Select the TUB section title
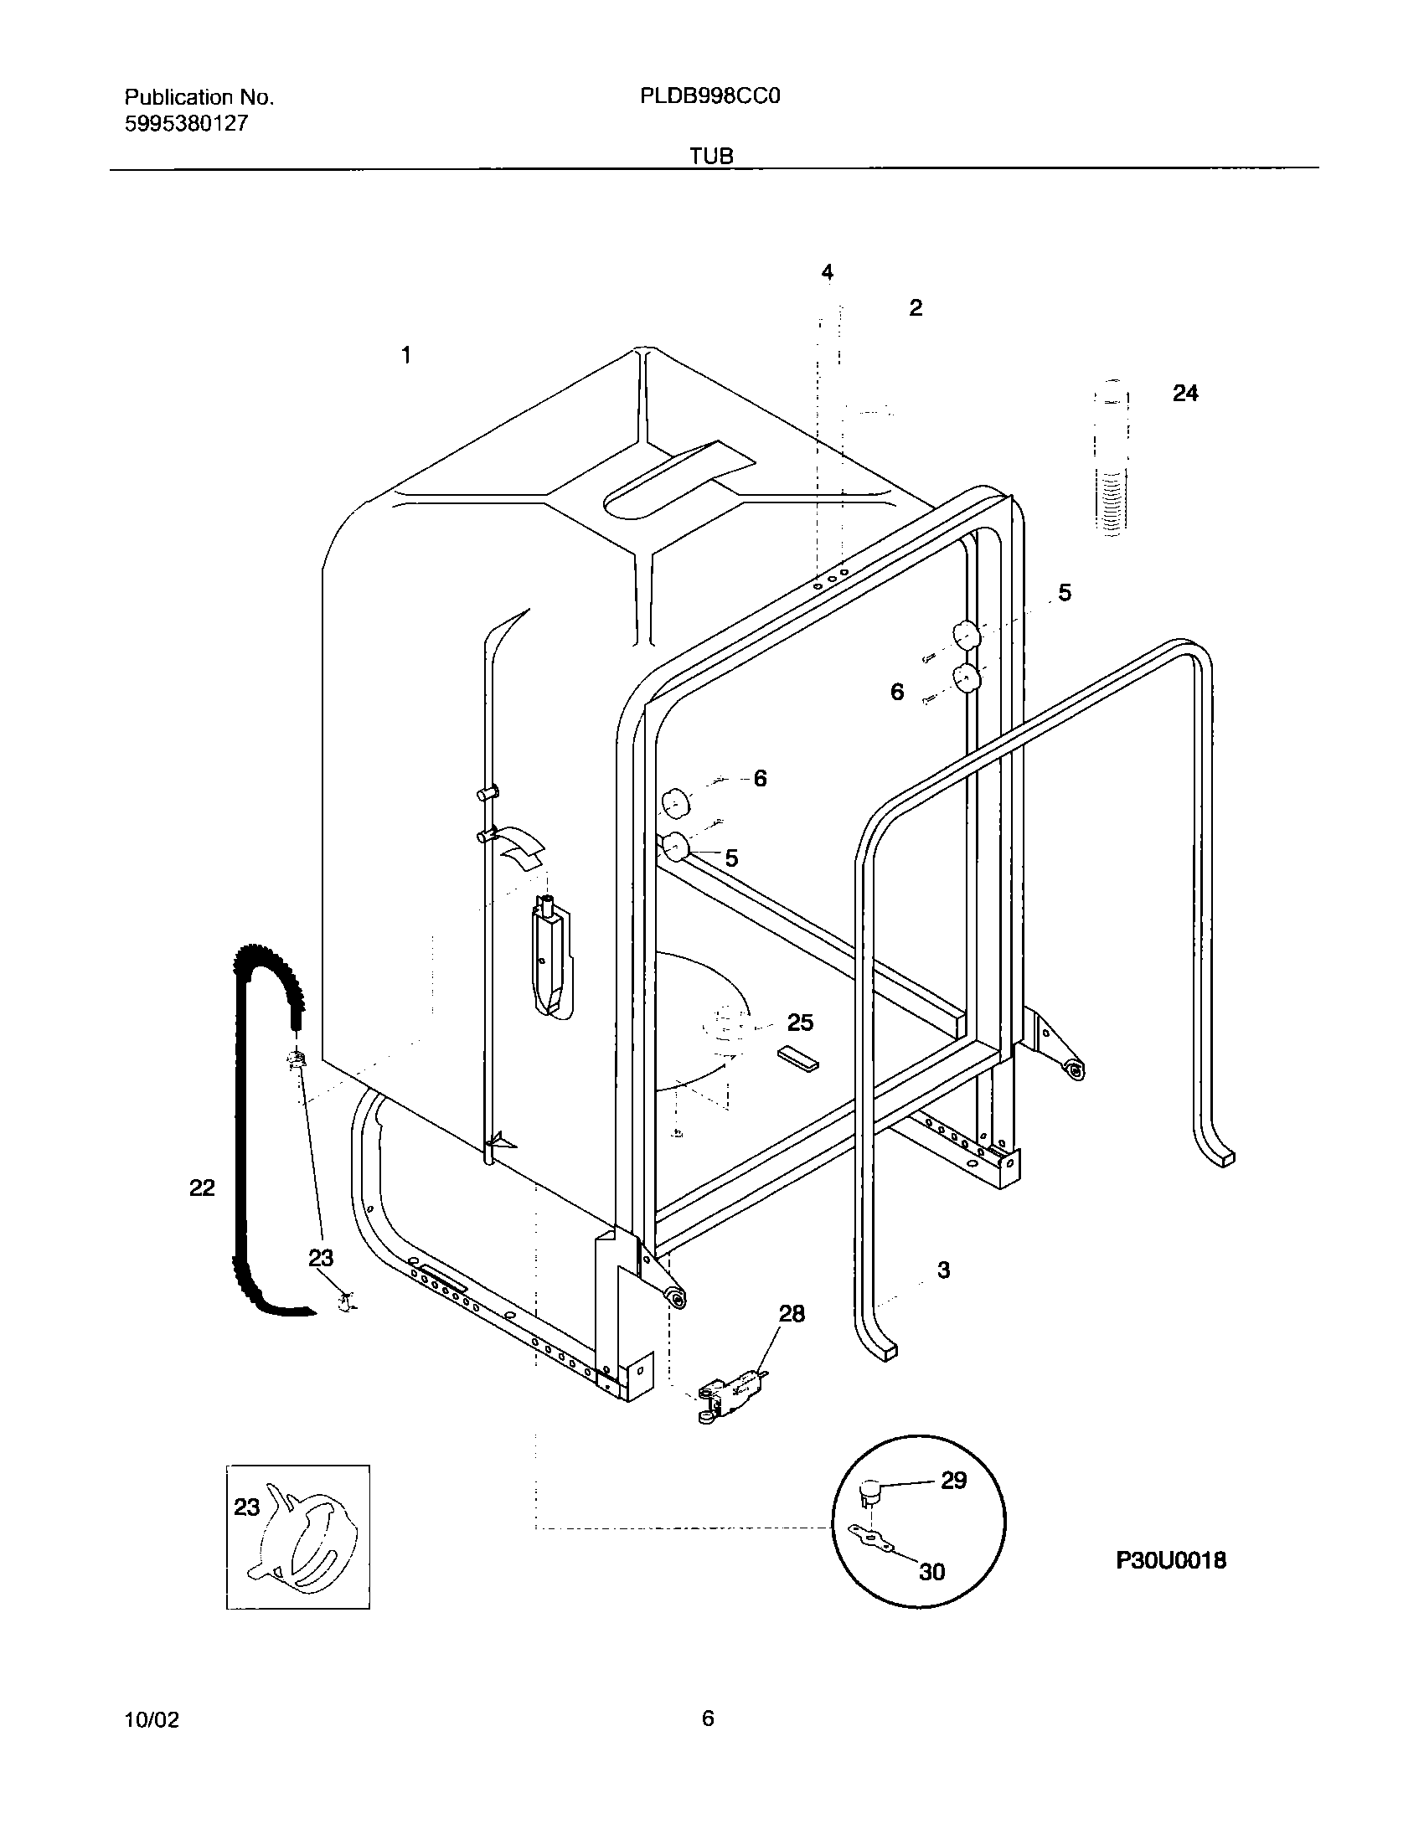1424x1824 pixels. click(x=711, y=156)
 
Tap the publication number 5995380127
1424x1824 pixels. click(x=186, y=124)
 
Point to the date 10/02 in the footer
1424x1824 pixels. click(x=152, y=1720)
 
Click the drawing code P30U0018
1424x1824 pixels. click(x=1170, y=1559)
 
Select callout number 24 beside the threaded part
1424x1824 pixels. click(x=1184, y=393)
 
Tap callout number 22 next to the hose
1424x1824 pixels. click(x=202, y=1187)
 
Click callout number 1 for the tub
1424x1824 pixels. click(x=406, y=355)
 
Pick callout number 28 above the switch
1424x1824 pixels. click(x=792, y=1314)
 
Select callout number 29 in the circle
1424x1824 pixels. click(x=953, y=1480)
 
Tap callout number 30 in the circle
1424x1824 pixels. click(x=931, y=1572)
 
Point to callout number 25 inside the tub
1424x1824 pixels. click(x=800, y=1023)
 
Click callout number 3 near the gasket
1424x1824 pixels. click(x=943, y=1270)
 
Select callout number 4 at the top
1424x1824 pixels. click(x=828, y=272)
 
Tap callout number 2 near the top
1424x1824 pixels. click(x=916, y=308)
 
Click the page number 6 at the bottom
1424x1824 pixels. click(x=708, y=1718)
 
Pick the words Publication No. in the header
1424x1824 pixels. click(x=199, y=97)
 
